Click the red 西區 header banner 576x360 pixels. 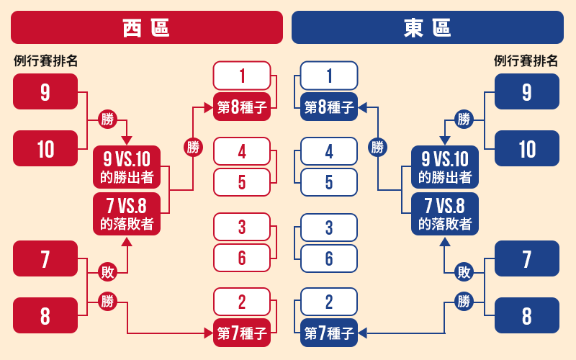coord(146,27)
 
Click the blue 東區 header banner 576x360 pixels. coord(428,27)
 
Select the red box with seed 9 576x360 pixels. coord(45,91)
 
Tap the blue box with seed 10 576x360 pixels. coord(527,148)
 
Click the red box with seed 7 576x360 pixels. coord(45,258)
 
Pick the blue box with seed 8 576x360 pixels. coord(527,315)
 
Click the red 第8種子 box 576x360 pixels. coord(242,107)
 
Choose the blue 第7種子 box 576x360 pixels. coord(329,333)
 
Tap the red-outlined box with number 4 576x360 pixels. coord(242,152)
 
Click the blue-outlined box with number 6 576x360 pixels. coord(329,258)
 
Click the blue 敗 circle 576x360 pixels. coord(464,272)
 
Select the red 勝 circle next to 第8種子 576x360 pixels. coord(193,148)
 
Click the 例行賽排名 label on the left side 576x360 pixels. coord(45,61)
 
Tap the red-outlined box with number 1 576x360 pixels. coord(242,76)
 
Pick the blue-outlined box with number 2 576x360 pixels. coord(329,302)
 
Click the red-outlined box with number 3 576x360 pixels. coord(242,228)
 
